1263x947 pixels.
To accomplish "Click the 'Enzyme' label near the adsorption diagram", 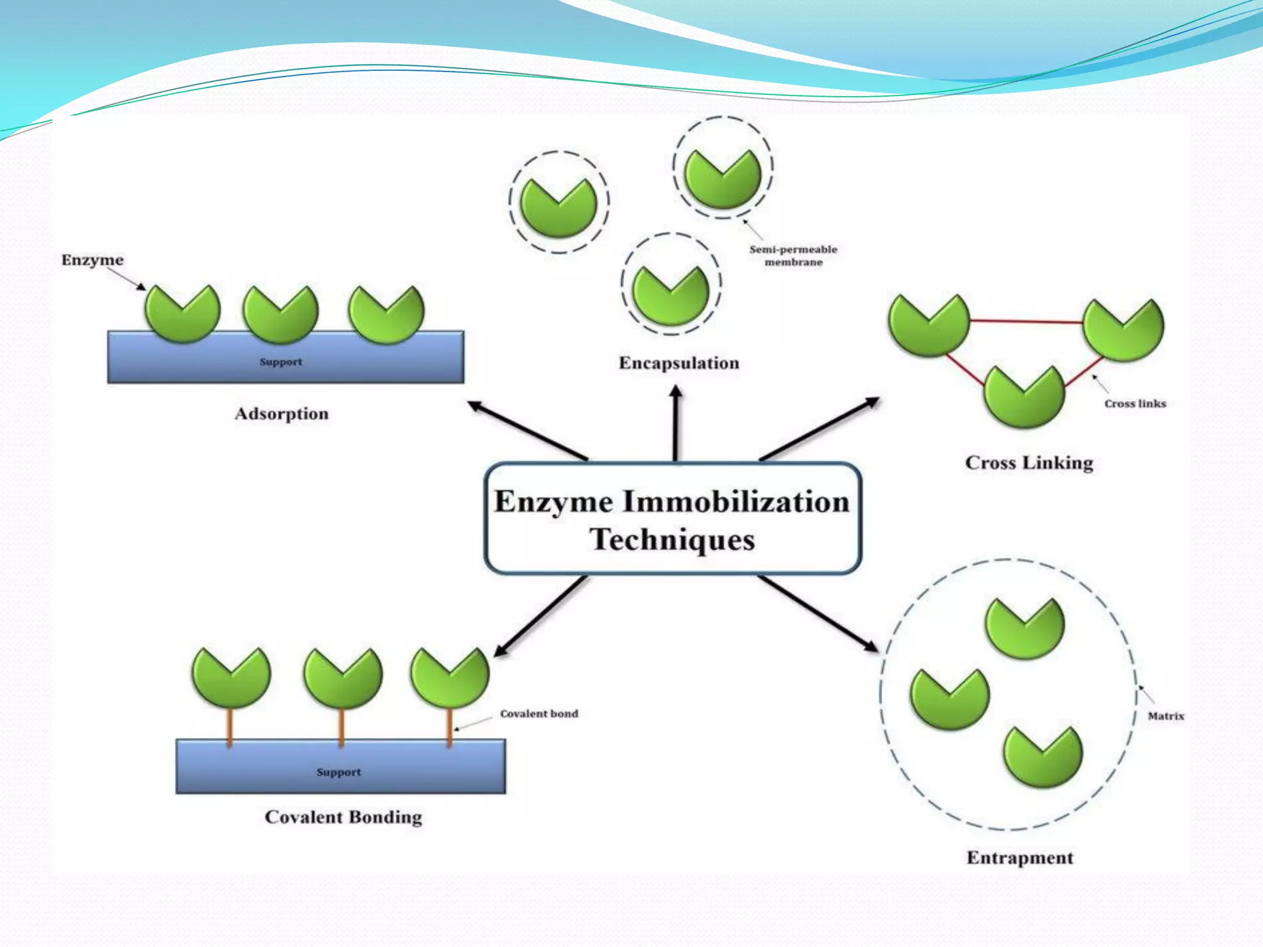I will (x=93, y=260).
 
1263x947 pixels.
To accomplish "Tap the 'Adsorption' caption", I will (x=282, y=414).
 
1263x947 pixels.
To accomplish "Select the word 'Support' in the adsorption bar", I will (x=281, y=362).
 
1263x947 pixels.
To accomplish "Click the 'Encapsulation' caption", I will (x=679, y=363).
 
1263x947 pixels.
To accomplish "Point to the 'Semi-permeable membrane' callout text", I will (x=793, y=255).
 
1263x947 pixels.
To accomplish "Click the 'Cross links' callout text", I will (x=1135, y=404).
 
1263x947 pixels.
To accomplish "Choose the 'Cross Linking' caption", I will (x=1029, y=462).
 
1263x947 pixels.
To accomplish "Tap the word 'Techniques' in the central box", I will (x=672, y=539).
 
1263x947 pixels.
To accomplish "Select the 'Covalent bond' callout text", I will (x=539, y=713).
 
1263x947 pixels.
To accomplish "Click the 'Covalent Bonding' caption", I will (x=344, y=817).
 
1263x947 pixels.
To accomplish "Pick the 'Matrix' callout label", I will (x=1166, y=716).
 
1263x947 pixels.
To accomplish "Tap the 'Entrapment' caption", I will (x=1020, y=858).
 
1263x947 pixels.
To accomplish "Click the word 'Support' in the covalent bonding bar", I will (x=339, y=772).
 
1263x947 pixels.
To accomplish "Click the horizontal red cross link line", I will (x=1026, y=321).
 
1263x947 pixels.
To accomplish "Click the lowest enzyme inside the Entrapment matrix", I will (x=1042, y=757).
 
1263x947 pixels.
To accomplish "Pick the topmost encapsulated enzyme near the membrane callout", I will (x=723, y=179).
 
